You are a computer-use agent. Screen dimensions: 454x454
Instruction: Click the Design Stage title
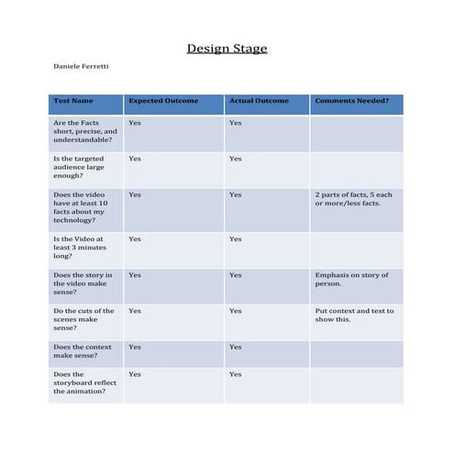pos(227,49)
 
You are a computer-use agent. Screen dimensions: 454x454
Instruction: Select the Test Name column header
pos(73,101)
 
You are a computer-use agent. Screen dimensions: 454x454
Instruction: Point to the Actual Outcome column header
pos(258,101)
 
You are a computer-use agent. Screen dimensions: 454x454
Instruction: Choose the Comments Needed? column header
pos(351,101)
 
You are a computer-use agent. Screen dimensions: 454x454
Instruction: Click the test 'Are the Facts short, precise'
pos(85,131)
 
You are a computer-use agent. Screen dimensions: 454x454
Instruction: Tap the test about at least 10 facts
pos(85,207)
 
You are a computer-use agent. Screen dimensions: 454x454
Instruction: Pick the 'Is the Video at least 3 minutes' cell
pos(81,248)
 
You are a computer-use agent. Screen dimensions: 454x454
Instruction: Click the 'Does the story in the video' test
pos(83,283)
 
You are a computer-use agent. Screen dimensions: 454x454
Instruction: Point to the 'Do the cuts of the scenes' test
pos(83,318)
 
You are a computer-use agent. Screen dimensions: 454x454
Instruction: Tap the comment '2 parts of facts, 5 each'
pos(353,199)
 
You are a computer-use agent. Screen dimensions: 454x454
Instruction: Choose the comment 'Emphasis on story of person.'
pos(351,279)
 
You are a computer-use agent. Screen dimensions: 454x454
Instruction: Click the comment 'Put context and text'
pos(354,315)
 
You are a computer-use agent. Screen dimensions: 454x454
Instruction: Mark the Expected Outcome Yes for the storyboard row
pos(135,374)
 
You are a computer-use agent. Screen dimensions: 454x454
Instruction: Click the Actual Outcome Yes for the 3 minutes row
pos(236,239)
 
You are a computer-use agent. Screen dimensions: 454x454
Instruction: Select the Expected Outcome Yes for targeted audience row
pos(135,159)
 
